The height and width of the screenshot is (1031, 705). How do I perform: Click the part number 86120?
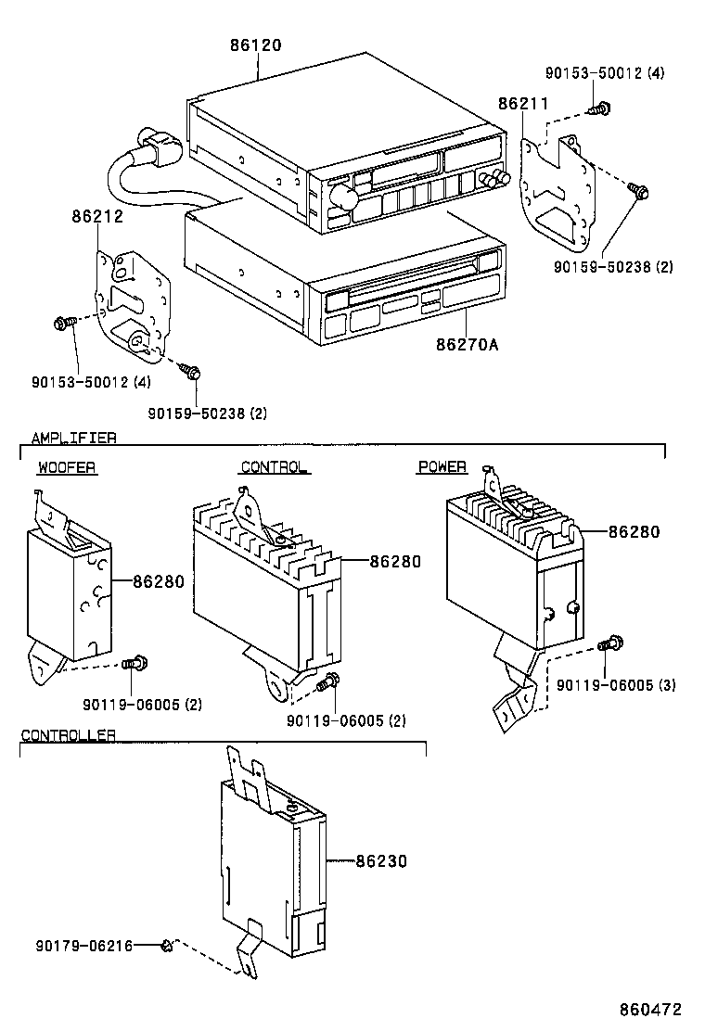point(255,45)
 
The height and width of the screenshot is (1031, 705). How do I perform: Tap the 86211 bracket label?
point(526,103)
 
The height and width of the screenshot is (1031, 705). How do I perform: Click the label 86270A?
point(468,345)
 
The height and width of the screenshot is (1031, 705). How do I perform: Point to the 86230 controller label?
point(381,861)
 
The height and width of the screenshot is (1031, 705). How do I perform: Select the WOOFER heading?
point(67,467)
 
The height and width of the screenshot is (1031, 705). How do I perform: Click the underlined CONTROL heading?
point(274,467)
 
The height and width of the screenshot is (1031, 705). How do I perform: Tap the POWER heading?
point(442,467)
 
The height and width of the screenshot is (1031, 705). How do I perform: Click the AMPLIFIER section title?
point(74,438)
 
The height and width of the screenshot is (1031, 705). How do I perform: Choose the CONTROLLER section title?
point(69,735)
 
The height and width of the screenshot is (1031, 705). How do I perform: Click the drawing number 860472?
point(652,1009)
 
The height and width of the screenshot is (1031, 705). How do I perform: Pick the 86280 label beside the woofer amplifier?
point(159,582)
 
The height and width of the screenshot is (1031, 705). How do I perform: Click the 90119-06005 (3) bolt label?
point(616,685)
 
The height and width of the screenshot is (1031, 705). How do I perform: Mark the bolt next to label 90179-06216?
point(168,946)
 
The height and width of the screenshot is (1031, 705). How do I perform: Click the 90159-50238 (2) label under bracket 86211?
point(613,267)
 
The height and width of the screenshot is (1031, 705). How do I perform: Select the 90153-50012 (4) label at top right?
point(604,72)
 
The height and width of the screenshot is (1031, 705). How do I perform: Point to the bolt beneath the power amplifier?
point(611,643)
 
